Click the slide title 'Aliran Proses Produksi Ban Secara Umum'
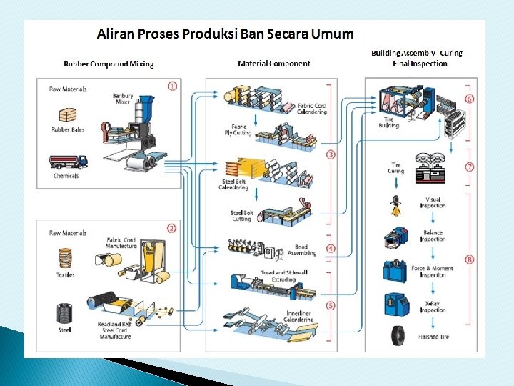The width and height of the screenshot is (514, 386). (225, 34)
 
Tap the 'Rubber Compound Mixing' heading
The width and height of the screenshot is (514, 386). (109, 64)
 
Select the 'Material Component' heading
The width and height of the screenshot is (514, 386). (273, 64)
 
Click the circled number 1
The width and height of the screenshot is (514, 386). (172, 86)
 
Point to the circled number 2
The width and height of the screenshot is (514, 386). (171, 229)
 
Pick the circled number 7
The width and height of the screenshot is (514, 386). (469, 167)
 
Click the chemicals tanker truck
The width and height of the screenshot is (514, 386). (69, 162)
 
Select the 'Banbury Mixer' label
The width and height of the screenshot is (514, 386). (123, 98)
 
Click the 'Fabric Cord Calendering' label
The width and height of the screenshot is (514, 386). (312, 109)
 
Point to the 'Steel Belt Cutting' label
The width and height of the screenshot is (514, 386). (241, 216)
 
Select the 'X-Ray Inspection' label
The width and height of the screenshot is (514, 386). (433, 307)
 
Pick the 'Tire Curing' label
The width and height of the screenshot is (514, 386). (396, 169)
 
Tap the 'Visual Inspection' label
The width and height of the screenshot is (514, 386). (433, 203)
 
